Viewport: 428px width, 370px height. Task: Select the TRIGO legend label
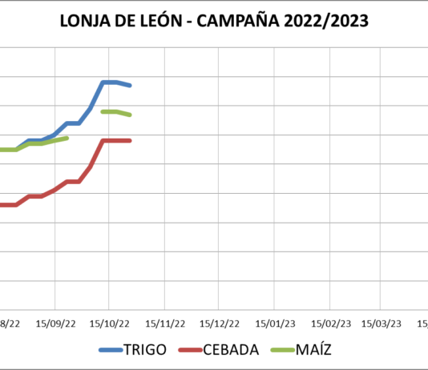point(145,349)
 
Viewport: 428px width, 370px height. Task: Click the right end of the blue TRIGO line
point(130,85)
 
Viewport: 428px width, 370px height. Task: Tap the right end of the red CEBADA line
point(130,140)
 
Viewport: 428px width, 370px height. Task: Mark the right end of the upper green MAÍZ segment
point(130,115)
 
